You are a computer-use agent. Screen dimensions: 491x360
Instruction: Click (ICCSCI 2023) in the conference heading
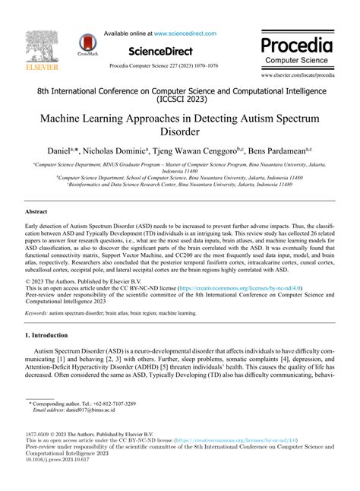point(180,98)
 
